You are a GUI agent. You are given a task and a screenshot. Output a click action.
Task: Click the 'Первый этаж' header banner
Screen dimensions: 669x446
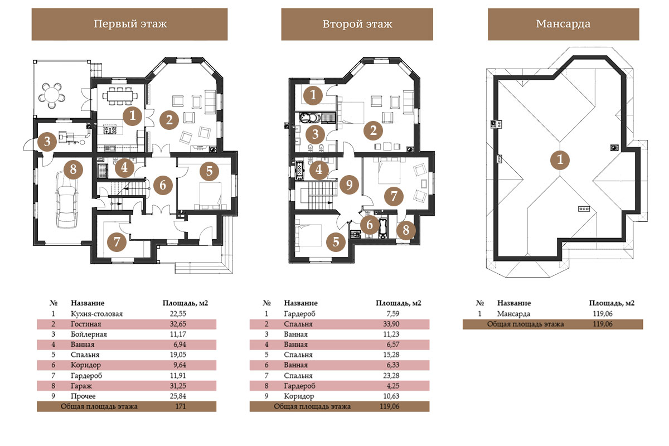coord(129,24)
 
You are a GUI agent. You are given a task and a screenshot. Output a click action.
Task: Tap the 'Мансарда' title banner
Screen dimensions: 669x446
coord(563,24)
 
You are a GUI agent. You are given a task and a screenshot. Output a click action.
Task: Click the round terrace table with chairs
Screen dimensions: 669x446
coord(52,95)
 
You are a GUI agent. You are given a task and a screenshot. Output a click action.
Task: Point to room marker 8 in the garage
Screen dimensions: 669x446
coord(73,169)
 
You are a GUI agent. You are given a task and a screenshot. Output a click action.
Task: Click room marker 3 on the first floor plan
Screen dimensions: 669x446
coord(47,141)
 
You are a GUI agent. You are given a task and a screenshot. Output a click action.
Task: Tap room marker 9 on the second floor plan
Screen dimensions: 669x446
coord(349,185)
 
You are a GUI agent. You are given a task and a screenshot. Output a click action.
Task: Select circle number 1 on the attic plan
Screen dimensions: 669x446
coord(560,159)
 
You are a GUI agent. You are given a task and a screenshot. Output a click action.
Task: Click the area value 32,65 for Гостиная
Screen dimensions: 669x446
coord(178,324)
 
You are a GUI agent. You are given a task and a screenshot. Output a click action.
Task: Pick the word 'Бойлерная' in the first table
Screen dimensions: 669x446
coord(89,334)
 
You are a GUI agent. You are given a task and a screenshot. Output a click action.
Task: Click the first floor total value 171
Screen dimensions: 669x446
coord(181,406)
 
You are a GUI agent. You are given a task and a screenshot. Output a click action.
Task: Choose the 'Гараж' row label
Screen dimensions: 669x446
coord(81,386)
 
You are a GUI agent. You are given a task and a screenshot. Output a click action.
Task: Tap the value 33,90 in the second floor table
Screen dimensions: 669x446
coord(391,324)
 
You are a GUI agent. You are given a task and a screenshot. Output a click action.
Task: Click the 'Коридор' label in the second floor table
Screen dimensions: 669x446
coord(299,396)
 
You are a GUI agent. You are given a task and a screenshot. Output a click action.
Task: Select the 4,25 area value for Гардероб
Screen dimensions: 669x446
coord(393,386)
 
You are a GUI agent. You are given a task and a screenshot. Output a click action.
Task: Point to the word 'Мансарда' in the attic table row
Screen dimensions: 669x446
coord(513,314)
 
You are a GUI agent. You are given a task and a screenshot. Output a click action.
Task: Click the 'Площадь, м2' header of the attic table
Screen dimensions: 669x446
coord(612,303)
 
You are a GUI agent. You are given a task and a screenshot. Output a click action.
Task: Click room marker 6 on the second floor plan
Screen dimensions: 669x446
coord(370,225)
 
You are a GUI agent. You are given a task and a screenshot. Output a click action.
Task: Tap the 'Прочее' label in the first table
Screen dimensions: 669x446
coord(83,396)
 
